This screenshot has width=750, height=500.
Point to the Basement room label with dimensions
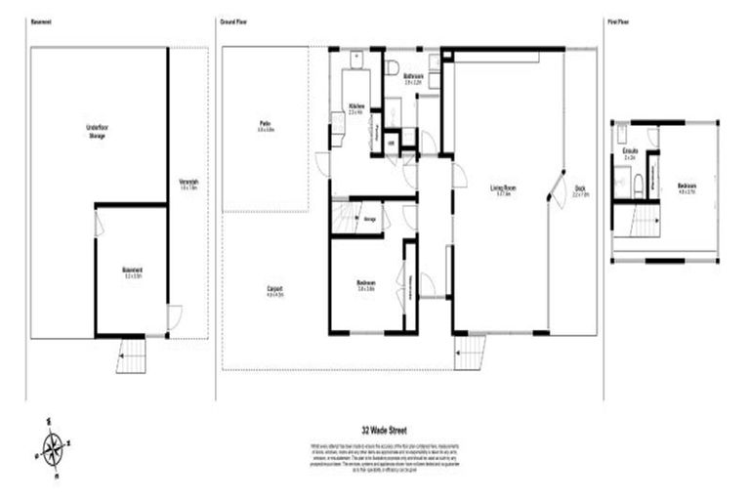coord(133,272)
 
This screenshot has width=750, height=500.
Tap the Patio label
coord(266,125)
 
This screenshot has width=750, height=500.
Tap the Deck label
coord(579,190)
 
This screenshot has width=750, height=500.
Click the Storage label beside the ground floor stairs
coord(370,219)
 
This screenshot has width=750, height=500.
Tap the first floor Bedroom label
coord(687,188)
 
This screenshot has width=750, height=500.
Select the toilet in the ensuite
coord(637,182)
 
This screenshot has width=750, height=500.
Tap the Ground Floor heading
coord(232,21)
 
